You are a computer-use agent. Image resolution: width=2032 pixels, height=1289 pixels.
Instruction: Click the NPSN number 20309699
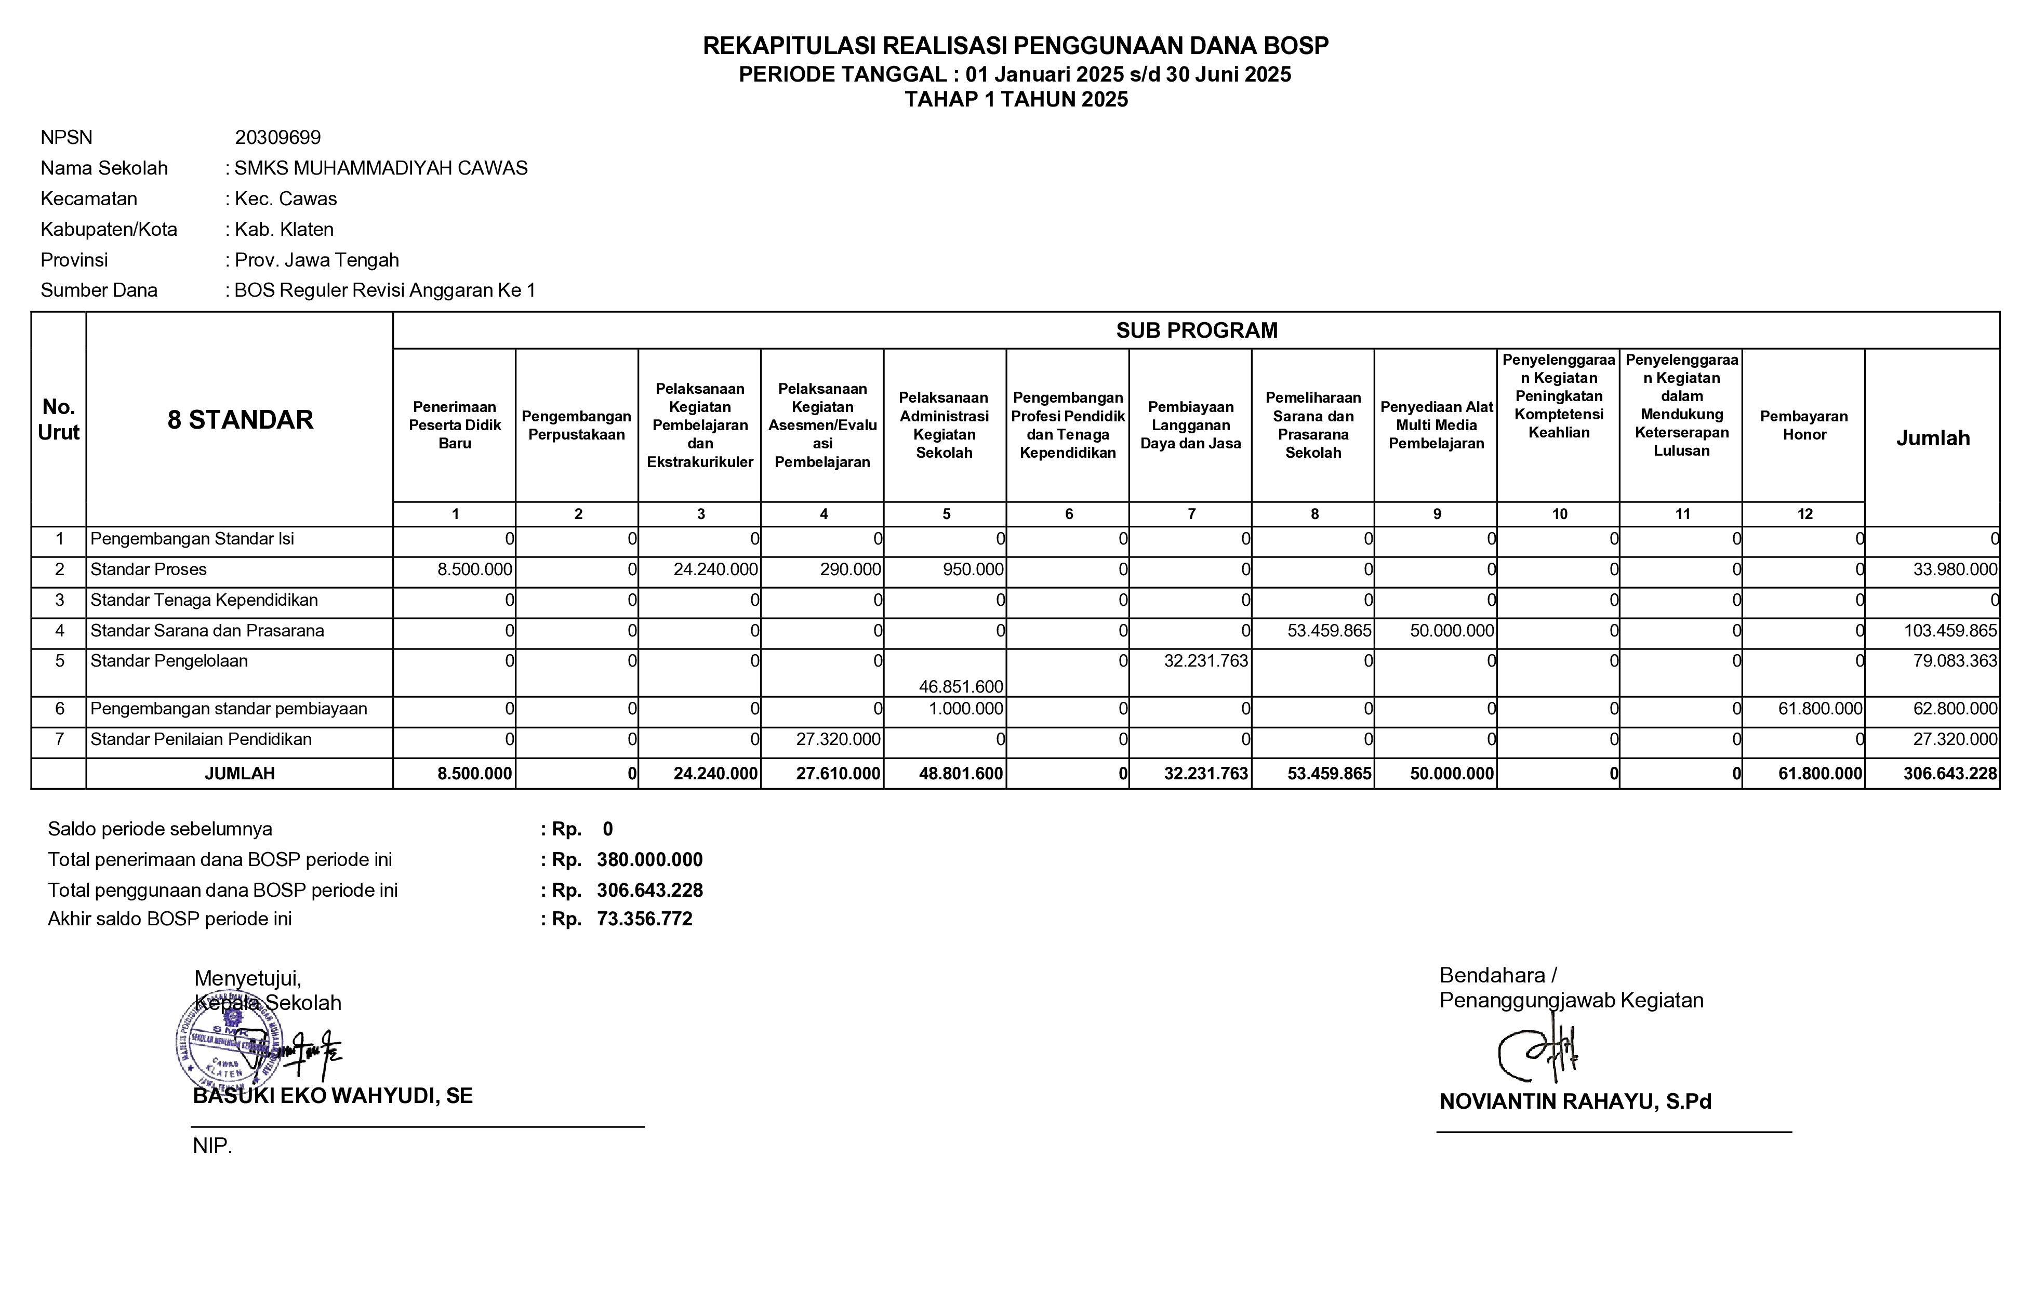277,138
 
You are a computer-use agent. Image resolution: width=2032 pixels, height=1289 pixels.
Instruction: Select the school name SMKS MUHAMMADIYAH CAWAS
381,168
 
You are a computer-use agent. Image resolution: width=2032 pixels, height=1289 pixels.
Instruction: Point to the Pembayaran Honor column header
1803,425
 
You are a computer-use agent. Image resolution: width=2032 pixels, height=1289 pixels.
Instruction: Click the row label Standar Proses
149,569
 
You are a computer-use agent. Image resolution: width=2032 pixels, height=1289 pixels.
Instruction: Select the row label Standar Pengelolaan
169,660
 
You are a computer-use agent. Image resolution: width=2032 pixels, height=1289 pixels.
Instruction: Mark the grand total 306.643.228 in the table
1949,774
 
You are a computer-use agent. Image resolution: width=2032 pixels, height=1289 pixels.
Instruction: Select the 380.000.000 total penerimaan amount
650,860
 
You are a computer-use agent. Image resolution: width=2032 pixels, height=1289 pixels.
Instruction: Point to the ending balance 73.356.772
645,919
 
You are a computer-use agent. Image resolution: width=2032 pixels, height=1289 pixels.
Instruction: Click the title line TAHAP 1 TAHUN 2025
1016,100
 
